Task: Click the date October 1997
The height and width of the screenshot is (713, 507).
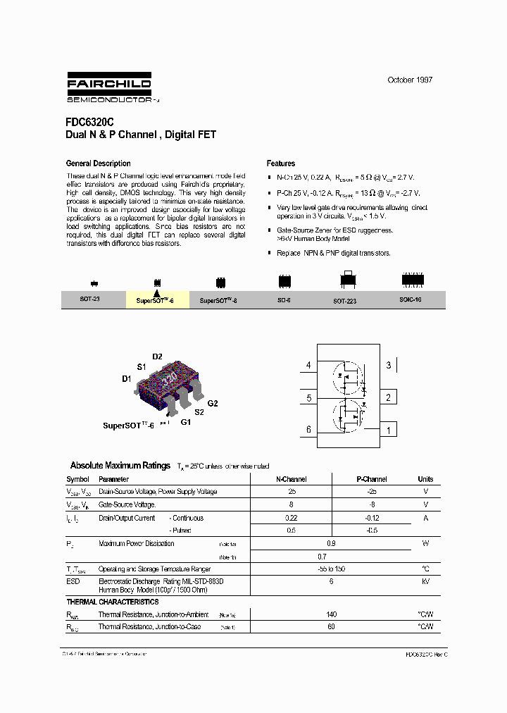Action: (x=410, y=80)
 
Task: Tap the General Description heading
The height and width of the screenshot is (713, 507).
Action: (x=98, y=163)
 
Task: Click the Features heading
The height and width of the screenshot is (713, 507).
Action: (x=281, y=163)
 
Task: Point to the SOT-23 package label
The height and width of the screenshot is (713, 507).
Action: (x=90, y=299)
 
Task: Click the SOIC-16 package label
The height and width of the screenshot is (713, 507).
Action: (x=412, y=299)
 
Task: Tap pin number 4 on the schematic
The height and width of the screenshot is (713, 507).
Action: (x=308, y=365)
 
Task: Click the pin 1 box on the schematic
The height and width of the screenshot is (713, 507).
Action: (x=388, y=430)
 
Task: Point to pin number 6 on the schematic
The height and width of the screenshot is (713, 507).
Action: (x=308, y=430)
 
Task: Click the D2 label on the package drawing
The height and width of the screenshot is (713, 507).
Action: (x=157, y=356)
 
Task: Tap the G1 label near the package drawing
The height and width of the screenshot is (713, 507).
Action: (x=186, y=422)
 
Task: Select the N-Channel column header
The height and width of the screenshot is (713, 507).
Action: (x=291, y=479)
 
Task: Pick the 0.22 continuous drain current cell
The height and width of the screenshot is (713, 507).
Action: (x=291, y=517)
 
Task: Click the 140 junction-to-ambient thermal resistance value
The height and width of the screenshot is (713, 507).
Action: (x=332, y=614)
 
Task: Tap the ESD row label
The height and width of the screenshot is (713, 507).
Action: (x=73, y=582)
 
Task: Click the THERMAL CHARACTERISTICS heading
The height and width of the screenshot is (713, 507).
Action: (x=113, y=602)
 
